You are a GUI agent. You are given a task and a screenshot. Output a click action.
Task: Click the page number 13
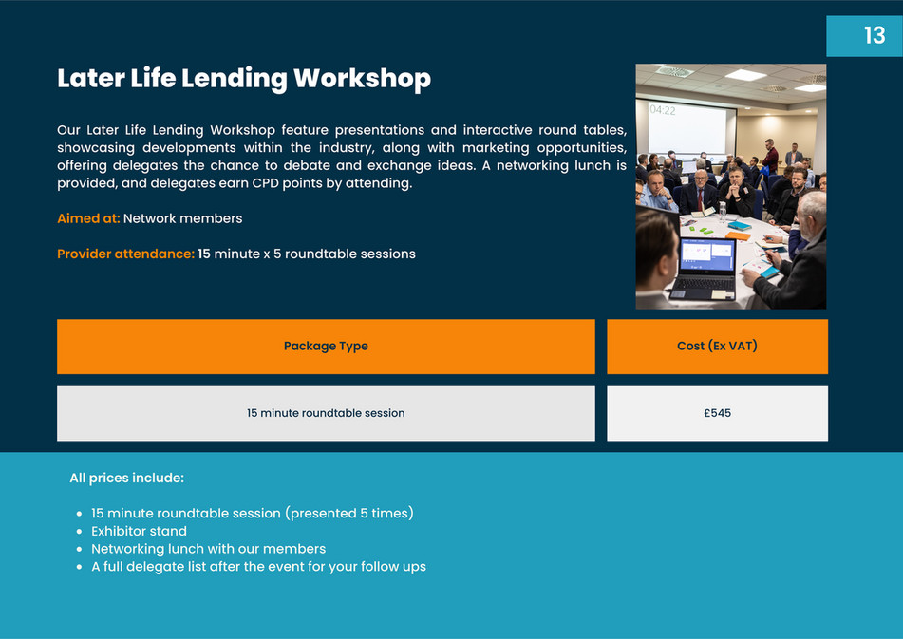(874, 35)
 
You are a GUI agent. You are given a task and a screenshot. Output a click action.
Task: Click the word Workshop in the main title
(362, 78)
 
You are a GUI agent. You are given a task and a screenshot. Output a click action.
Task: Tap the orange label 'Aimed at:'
(88, 218)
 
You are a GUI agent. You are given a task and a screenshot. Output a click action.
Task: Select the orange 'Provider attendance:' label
(125, 254)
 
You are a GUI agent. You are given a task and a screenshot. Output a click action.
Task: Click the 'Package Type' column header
(326, 347)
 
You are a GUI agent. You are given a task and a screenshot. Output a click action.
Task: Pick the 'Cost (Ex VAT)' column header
(717, 347)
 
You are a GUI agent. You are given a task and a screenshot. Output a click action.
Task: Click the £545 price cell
(717, 413)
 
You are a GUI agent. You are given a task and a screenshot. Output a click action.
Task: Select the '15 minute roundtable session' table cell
(326, 413)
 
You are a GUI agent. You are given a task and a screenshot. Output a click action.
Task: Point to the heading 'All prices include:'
(126, 478)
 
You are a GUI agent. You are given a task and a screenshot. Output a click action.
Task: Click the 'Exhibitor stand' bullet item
(139, 531)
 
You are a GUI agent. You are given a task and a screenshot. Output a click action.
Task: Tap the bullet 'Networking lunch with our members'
(208, 549)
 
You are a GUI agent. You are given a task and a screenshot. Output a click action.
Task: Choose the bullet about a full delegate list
(258, 567)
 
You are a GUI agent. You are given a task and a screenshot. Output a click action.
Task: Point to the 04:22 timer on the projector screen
(663, 110)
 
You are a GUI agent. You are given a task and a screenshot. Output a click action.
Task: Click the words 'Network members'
(182, 218)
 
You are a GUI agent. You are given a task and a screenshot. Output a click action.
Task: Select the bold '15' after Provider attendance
(204, 254)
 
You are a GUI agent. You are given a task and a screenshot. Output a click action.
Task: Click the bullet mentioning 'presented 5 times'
(252, 514)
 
